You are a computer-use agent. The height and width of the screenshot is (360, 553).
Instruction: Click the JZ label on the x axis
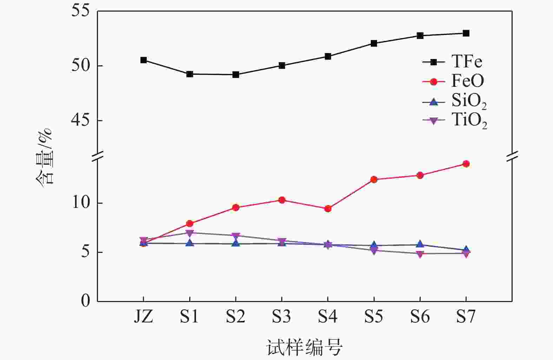click(143, 317)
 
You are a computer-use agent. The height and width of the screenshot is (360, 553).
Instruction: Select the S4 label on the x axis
click(328, 317)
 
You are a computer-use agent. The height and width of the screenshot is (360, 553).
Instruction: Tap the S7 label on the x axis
click(466, 317)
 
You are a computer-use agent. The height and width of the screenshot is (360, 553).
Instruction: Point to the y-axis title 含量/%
click(45, 157)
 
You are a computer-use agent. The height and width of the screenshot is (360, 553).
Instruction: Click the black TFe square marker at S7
click(466, 33)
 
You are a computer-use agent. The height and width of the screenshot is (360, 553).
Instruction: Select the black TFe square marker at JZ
click(143, 60)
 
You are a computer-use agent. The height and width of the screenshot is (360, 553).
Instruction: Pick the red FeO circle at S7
click(466, 164)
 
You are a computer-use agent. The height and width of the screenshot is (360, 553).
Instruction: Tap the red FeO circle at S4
click(328, 209)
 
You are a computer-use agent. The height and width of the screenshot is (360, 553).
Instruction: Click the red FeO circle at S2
click(236, 208)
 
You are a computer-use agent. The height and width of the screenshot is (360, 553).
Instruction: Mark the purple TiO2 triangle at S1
click(190, 233)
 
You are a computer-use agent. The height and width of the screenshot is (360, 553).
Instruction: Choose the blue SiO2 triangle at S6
click(420, 244)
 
